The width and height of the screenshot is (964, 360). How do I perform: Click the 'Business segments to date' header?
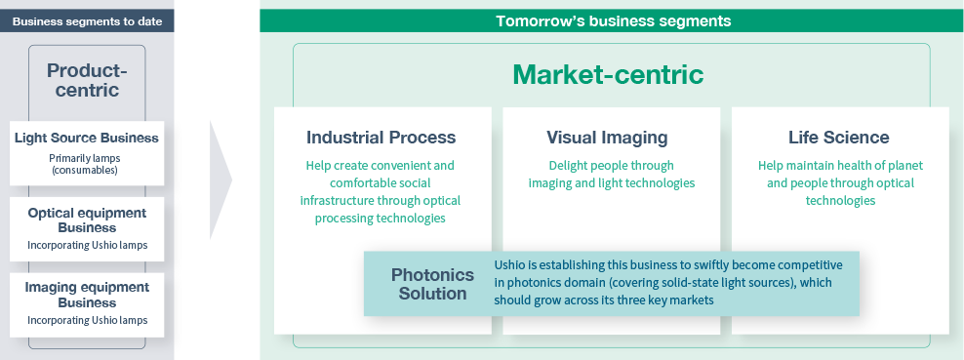coord(87,21)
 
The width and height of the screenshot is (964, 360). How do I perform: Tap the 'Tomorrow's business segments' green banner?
coord(612,20)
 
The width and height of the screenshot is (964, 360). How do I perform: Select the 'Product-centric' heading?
coord(87,80)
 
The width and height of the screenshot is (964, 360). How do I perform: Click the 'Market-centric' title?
coord(608,75)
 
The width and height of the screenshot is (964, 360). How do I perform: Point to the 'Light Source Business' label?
coord(87,138)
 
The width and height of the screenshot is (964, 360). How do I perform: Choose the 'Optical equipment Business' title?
coord(87,220)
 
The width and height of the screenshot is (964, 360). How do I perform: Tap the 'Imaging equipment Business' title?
coord(87,295)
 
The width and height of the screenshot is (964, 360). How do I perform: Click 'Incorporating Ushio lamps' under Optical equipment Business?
coord(87,245)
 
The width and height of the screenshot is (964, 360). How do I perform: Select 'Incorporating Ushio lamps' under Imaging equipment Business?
coord(87,320)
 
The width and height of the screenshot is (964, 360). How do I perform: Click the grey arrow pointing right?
coord(221,180)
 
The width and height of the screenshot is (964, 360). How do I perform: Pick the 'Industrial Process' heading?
coord(382,137)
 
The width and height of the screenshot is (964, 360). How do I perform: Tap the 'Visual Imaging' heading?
coord(608,138)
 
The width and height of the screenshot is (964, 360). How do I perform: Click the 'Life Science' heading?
coord(839,137)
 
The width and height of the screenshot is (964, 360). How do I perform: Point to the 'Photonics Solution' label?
coord(433,284)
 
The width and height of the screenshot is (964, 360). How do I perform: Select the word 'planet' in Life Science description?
coord(905,166)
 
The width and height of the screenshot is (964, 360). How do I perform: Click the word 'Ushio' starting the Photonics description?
coord(509,264)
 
